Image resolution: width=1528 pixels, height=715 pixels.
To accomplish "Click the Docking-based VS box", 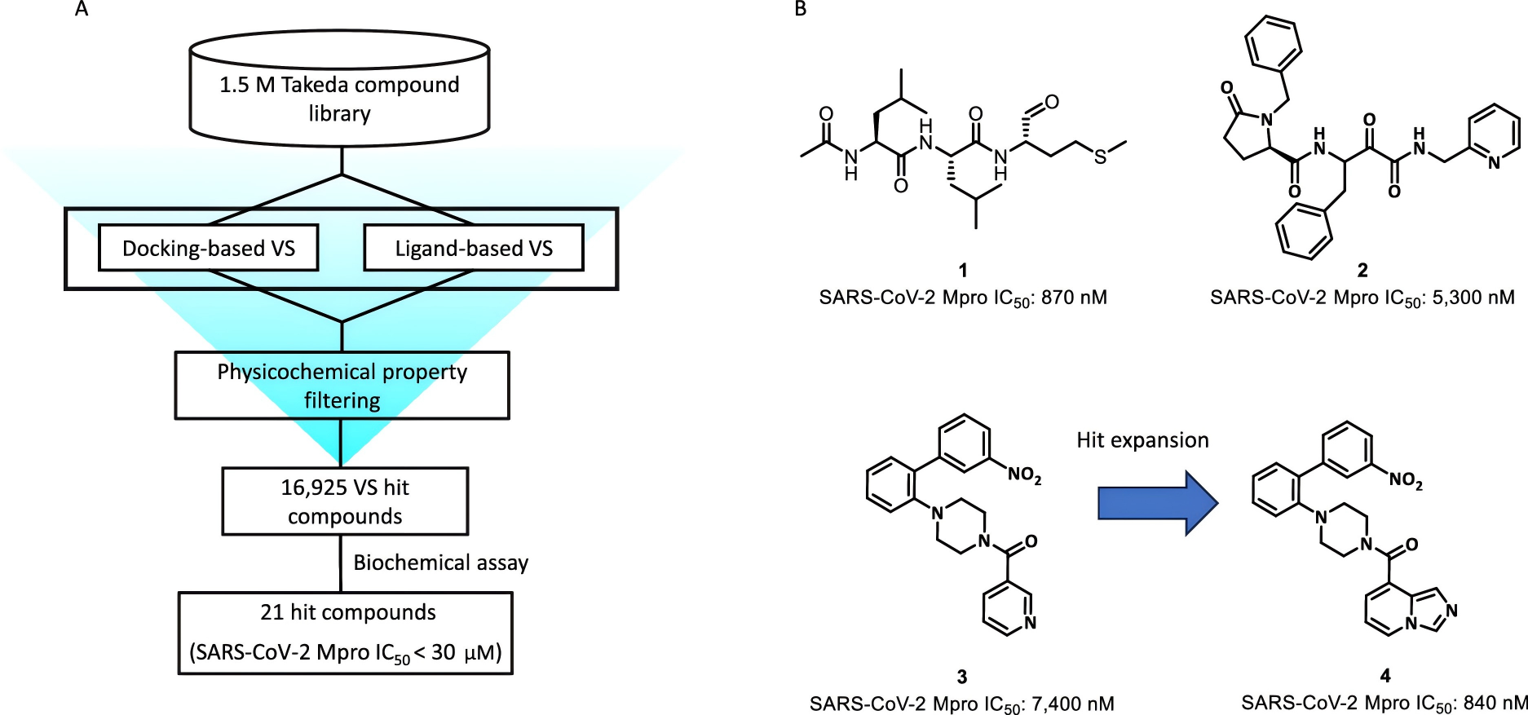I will [208, 248].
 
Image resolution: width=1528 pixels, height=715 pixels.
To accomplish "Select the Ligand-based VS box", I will [473, 248].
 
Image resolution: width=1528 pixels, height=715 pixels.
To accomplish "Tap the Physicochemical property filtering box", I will [342, 386].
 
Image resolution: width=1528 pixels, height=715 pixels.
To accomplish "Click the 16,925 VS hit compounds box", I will [345, 501].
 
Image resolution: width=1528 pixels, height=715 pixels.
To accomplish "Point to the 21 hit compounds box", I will [346, 633].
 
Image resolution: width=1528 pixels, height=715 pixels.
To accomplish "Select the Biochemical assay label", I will [440, 563].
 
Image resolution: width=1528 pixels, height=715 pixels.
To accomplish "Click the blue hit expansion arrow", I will [1157, 503].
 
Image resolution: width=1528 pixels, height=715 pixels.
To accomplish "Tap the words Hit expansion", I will [1142, 440].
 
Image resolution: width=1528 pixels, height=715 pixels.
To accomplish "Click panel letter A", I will [82, 10].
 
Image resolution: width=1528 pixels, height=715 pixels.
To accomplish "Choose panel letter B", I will [801, 10].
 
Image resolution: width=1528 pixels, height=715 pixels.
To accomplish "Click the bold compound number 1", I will [963, 270].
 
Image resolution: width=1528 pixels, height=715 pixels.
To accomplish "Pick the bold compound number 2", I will [1362, 270].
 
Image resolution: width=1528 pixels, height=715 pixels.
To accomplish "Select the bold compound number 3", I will [962, 677].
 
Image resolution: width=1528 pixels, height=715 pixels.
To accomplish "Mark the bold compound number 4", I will [1385, 675].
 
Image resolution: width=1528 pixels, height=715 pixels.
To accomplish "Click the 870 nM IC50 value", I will [1074, 298].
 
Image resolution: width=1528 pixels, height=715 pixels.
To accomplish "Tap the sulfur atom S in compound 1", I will [1101, 157].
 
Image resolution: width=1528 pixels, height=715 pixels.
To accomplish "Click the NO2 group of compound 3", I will [1024, 474].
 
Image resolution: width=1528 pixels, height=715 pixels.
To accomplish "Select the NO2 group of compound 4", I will [1406, 480].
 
